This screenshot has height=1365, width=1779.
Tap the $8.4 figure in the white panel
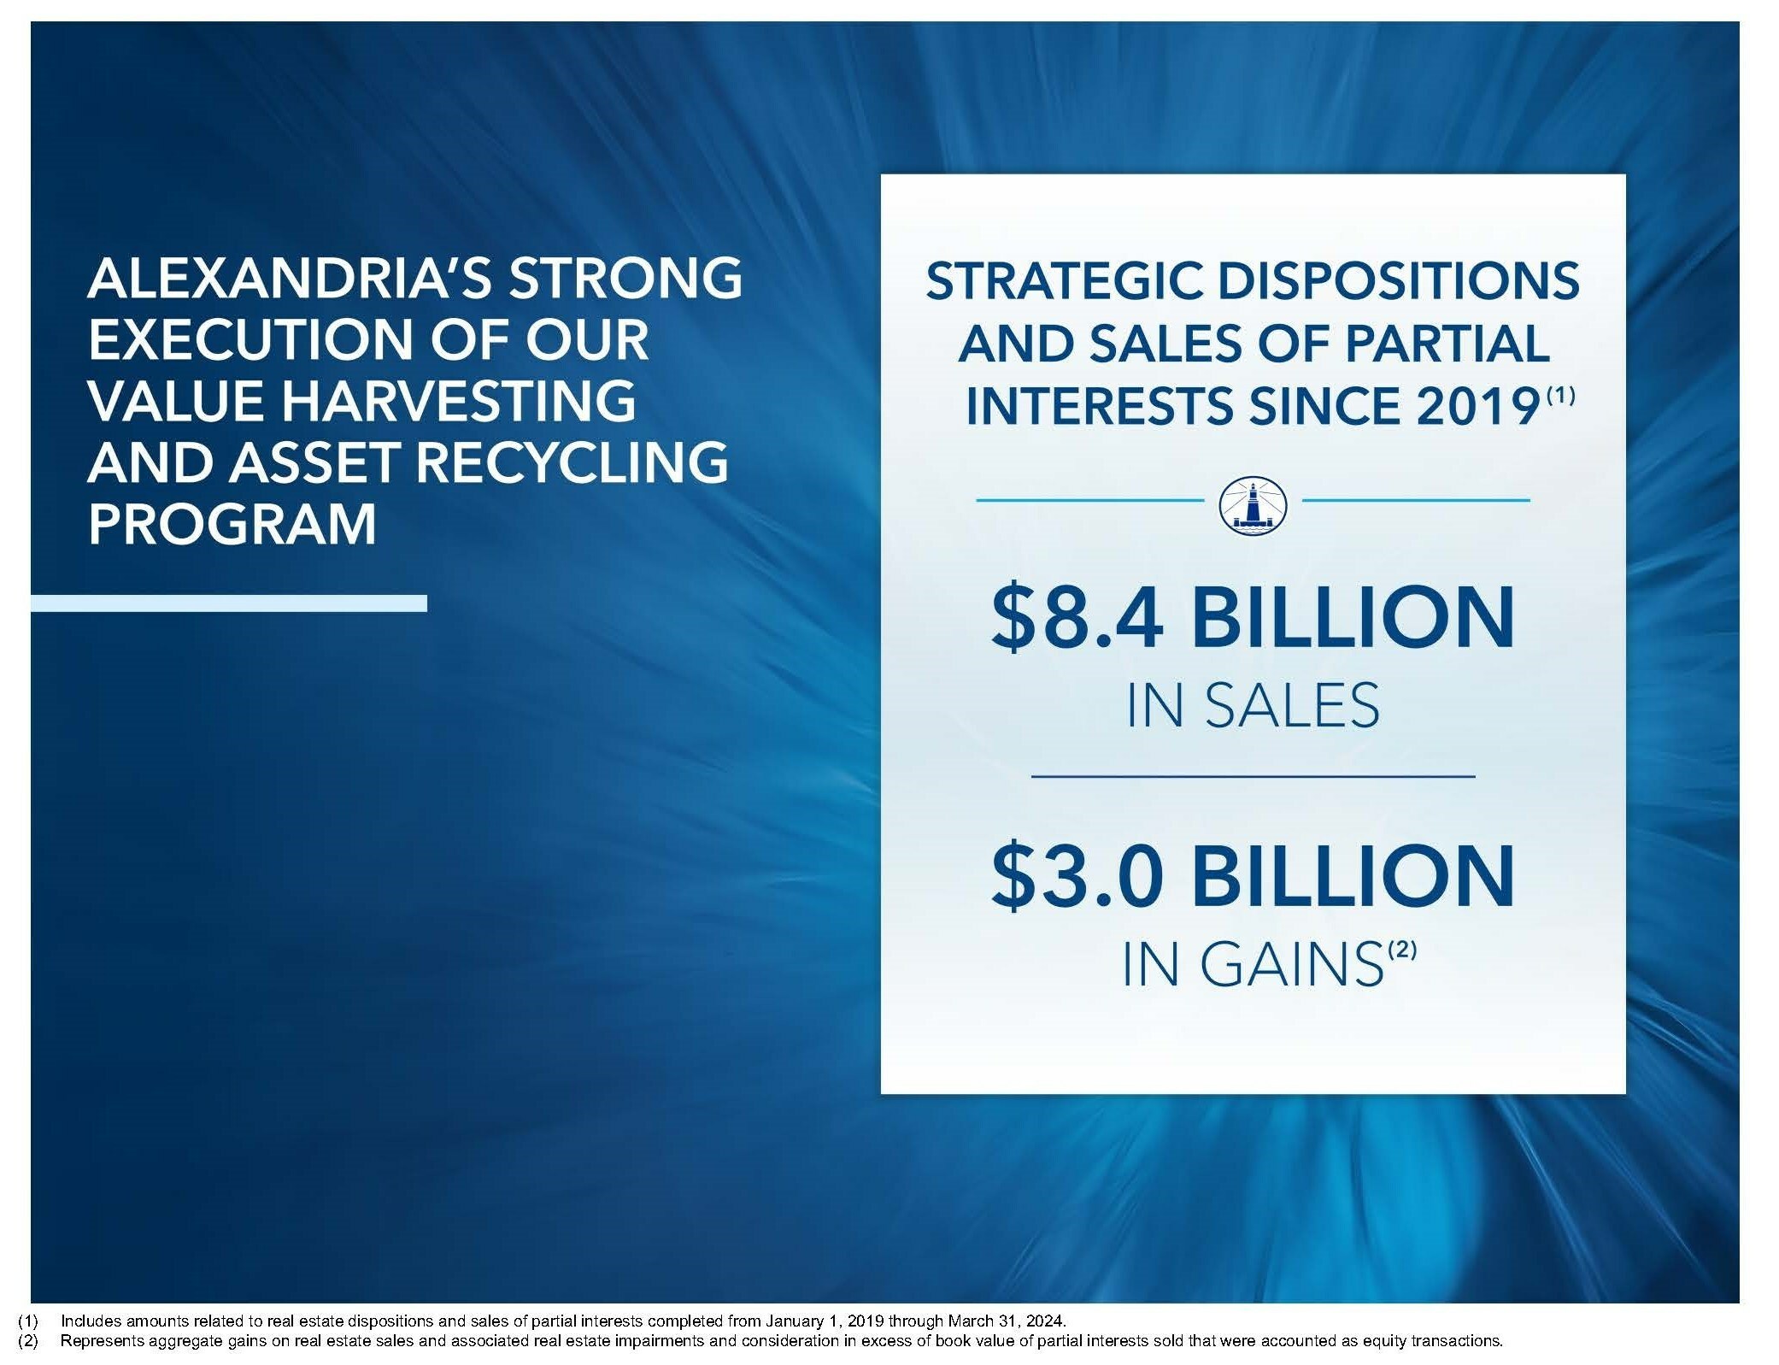1077,617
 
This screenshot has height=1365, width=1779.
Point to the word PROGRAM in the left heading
232,523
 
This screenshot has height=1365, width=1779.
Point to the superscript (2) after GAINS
1401,950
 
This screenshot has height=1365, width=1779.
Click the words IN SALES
1253,706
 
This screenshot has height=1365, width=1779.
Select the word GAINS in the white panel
1289,965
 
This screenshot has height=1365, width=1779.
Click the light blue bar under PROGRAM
229,603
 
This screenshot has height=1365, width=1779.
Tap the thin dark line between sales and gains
1254,776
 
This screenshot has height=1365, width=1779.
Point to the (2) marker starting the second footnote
27,1340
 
